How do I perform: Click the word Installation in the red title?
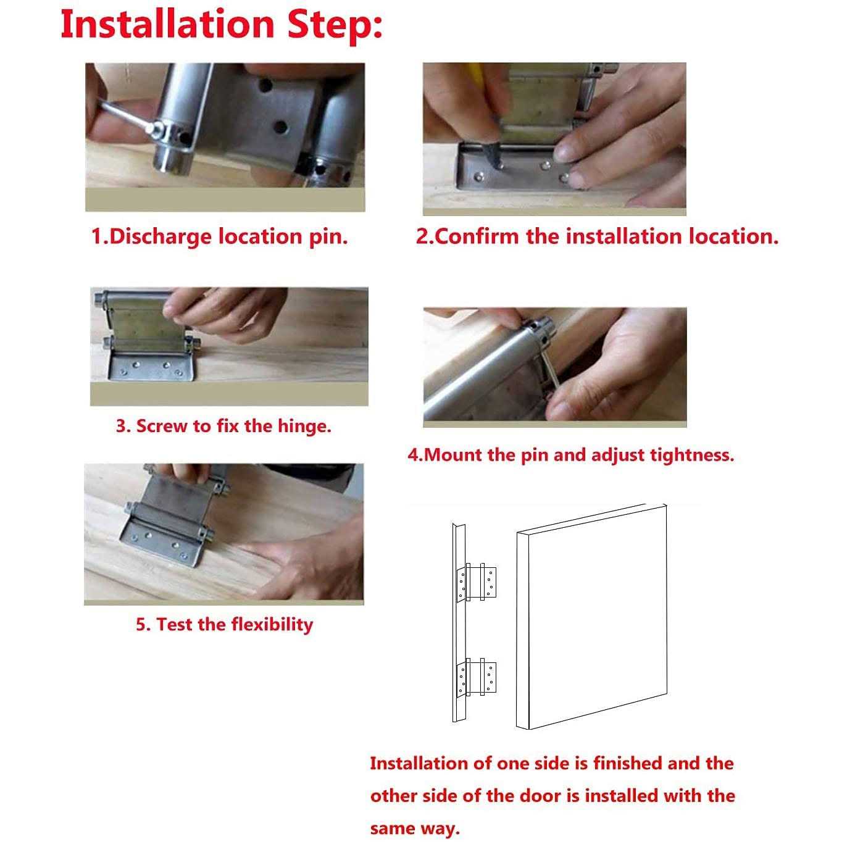point(167,25)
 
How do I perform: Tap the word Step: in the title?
point(335,26)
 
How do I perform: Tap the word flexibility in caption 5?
point(272,624)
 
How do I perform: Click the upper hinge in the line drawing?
point(477,581)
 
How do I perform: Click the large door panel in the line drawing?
point(592,616)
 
